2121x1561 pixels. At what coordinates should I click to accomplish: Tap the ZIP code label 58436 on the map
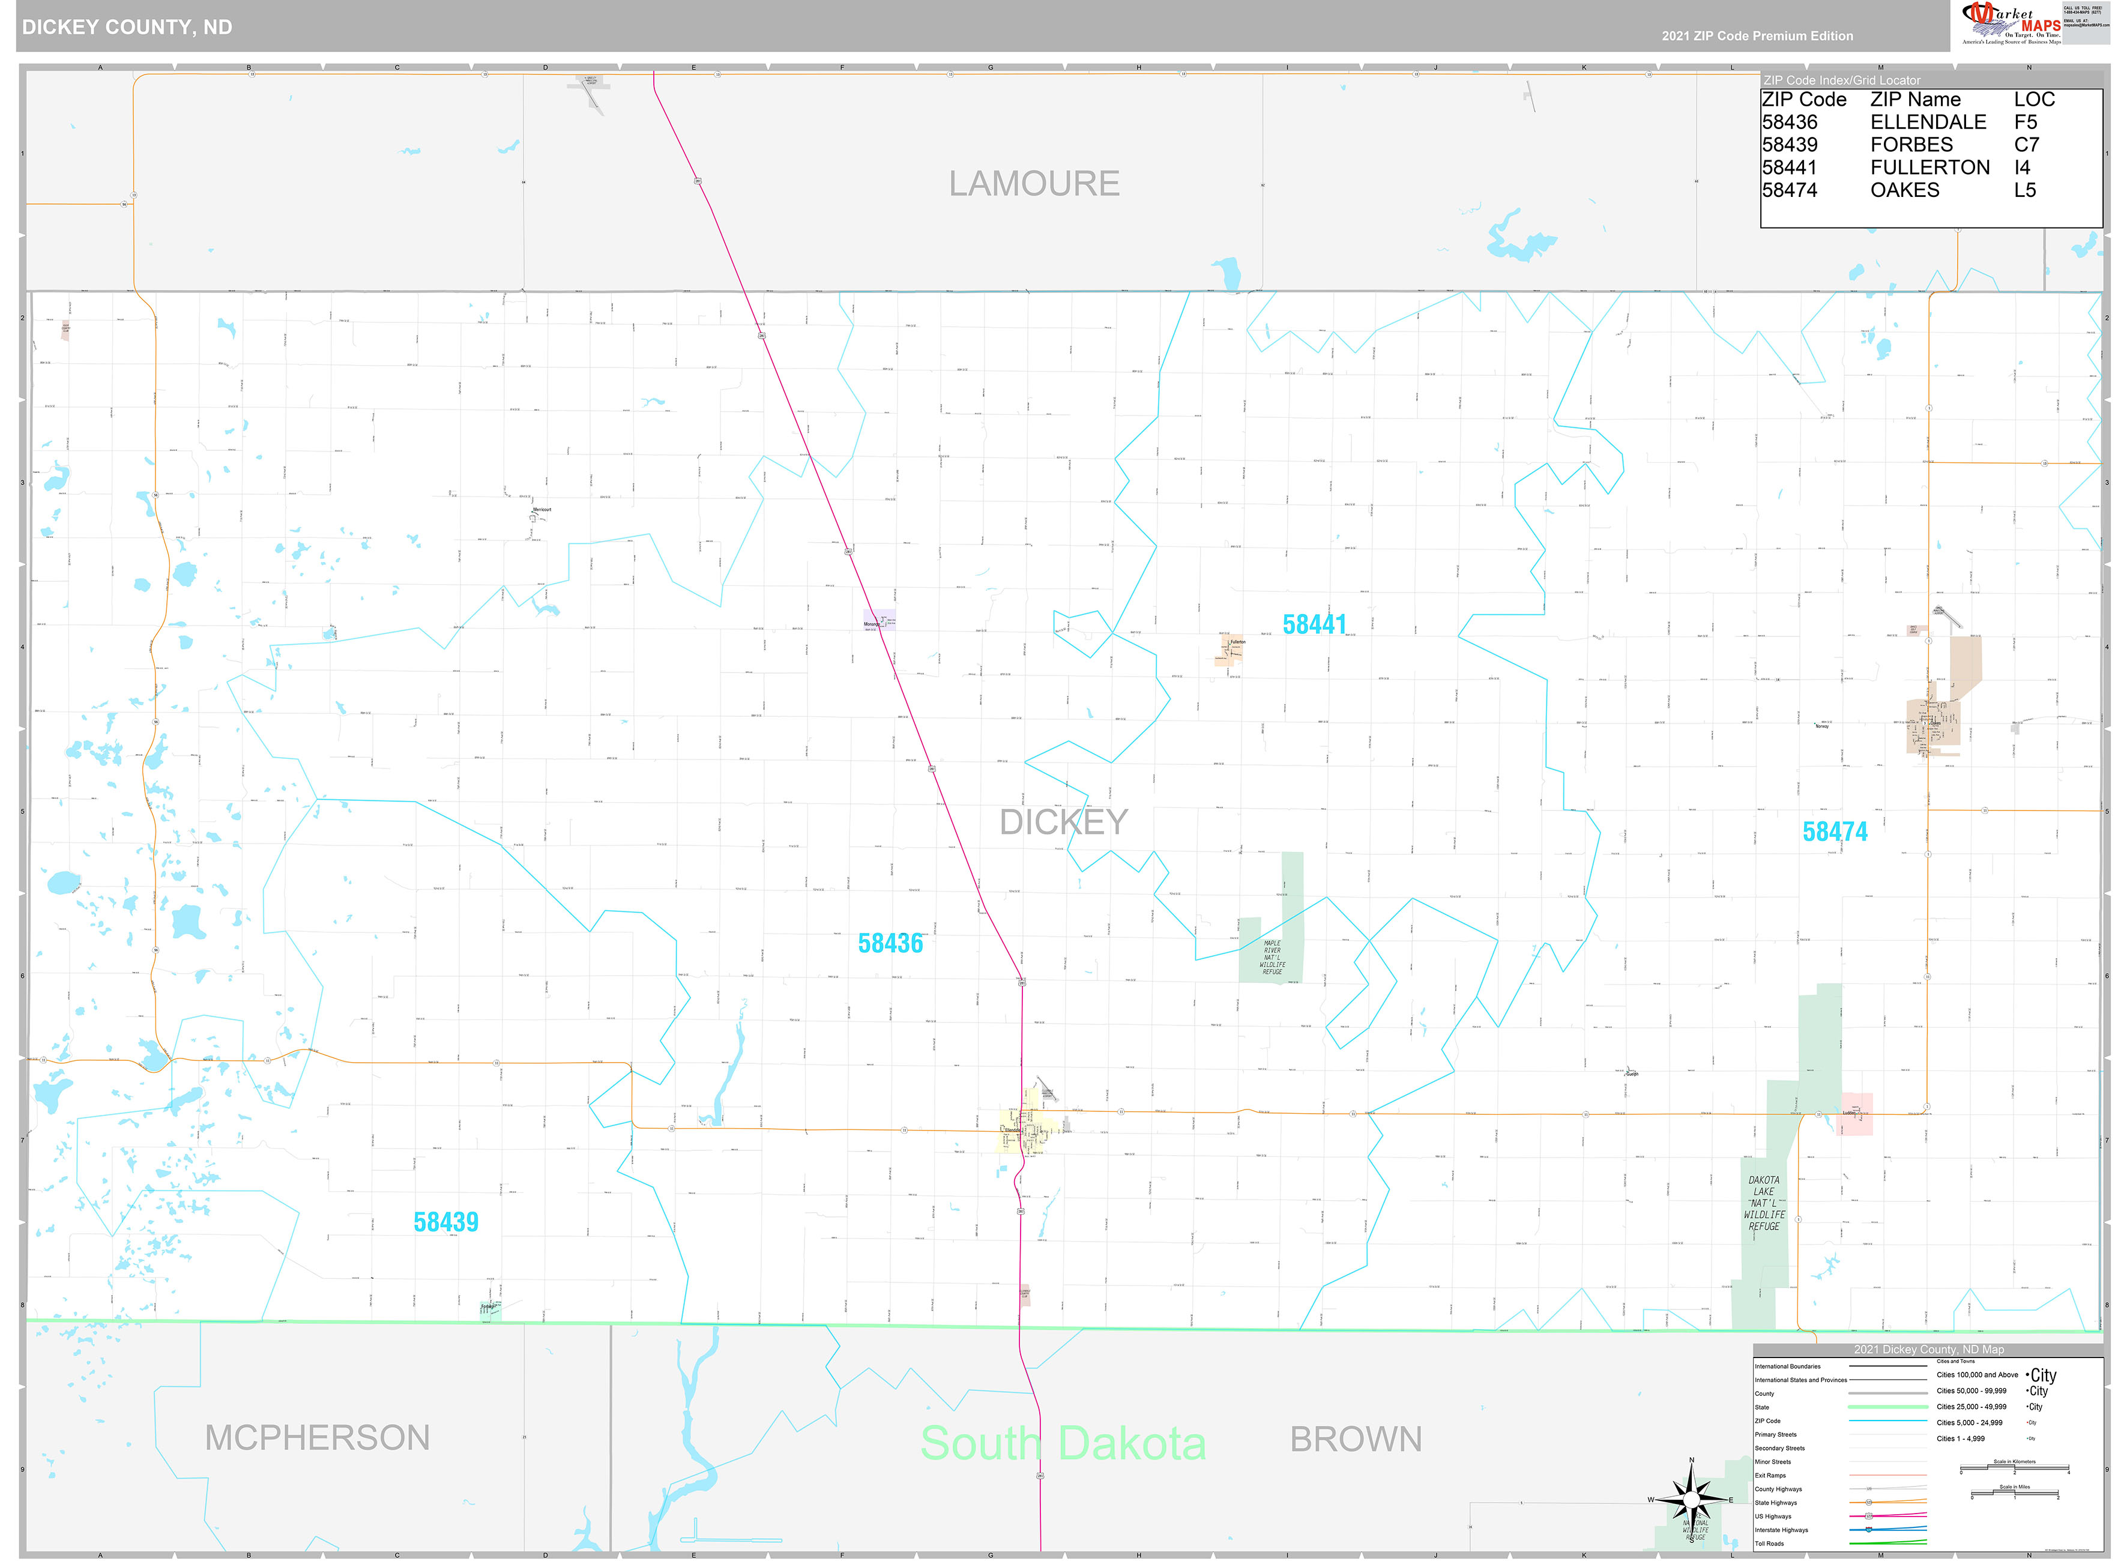point(890,943)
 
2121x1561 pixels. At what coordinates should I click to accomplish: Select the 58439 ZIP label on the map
point(446,1222)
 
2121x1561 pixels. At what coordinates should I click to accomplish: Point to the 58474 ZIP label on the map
point(1834,832)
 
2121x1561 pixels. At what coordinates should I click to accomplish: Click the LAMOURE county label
point(1034,183)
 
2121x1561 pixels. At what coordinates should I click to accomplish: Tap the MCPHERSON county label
point(318,1438)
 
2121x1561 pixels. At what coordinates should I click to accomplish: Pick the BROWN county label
point(1356,1439)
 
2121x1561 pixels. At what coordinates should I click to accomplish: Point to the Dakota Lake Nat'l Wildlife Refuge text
point(1763,1203)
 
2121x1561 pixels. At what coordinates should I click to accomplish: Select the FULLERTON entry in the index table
point(1929,168)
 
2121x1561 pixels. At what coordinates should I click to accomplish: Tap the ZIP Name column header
point(1915,99)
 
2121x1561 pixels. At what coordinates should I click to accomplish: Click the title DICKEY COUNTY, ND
point(127,26)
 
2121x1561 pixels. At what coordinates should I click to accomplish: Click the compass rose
point(1691,1499)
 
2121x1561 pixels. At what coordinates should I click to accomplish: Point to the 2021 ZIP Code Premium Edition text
point(1757,36)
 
